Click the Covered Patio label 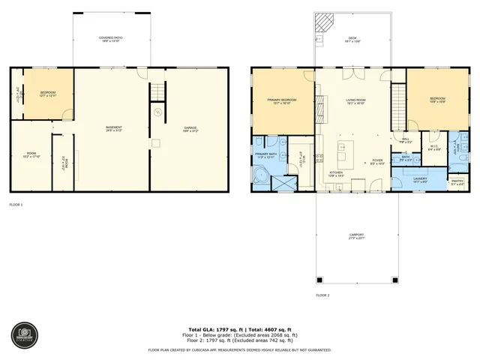(x=111, y=40)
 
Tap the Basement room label (x=113, y=129)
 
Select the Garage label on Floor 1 (x=190, y=129)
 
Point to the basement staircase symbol (x=156, y=91)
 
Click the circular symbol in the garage (x=157, y=112)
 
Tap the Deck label (x=351, y=40)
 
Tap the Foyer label (x=377, y=160)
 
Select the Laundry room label (x=419, y=179)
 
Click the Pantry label (x=456, y=181)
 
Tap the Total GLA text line (x=240, y=329)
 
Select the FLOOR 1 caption (x=16, y=204)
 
